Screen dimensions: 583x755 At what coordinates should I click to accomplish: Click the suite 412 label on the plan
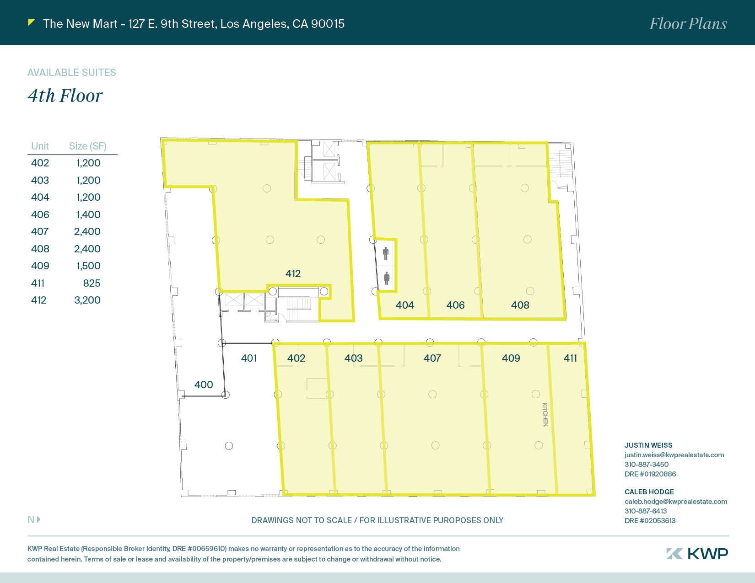pyautogui.click(x=293, y=273)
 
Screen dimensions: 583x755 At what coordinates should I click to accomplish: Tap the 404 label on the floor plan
pyautogui.click(x=404, y=305)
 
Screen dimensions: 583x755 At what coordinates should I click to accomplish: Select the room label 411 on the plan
pyautogui.click(x=570, y=358)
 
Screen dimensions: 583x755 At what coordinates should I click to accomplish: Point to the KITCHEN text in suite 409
pyautogui.click(x=545, y=415)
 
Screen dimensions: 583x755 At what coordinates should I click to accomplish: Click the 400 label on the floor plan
pyautogui.click(x=204, y=385)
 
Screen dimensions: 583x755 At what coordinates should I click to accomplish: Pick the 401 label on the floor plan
pyautogui.click(x=249, y=358)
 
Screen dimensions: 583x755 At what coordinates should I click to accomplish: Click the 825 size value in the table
pyautogui.click(x=92, y=283)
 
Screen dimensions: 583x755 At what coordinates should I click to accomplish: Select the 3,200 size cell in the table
pyautogui.click(x=87, y=300)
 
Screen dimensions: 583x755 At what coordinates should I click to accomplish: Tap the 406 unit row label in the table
pyautogui.click(x=40, y=214)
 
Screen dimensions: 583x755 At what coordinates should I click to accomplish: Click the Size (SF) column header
pyautogui.click(x=87, y=146)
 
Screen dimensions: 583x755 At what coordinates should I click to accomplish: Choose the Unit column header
pyautogui.click(x=40, y=146)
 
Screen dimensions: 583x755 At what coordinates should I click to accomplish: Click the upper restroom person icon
pyautogui.click(x=386, y=253)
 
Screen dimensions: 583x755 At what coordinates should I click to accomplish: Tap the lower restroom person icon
pyautogui.click(x=387, y=278)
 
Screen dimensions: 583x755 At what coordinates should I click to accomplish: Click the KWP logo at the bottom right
pyautogui.click(x=697, y=554)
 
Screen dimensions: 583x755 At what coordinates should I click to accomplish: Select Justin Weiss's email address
pyautogui.click(x=674, y=455)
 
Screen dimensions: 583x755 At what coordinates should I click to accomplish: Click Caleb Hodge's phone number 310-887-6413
pyautogui.click(x=646, y=511)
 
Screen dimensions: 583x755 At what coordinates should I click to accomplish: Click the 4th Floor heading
pyautogui.click(x=65, y=96)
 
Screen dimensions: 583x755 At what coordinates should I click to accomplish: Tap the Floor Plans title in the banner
pyautogui.click(x=688, y=24)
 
